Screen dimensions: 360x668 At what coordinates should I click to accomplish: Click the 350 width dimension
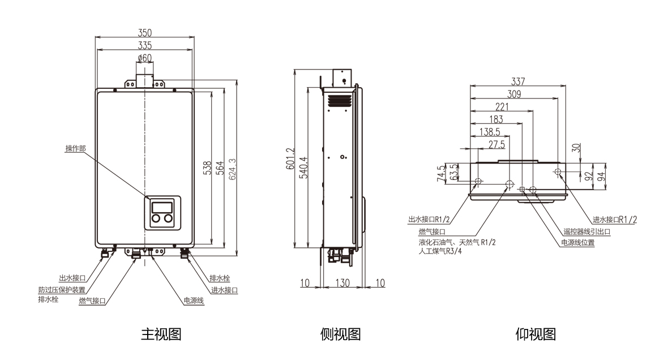point(145,33)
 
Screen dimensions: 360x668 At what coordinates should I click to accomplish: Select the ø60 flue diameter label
point(144,58)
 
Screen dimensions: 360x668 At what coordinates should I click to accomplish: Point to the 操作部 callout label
point(76,149)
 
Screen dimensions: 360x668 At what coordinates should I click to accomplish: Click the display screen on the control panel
point(162,207)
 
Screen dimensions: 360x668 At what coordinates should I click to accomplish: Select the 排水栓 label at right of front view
point(220,278)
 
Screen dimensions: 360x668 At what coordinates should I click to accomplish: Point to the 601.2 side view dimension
point(290,159)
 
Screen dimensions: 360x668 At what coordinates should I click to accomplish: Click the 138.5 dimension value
point(489,132)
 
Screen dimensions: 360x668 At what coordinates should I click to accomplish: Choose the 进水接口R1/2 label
point(615,220)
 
